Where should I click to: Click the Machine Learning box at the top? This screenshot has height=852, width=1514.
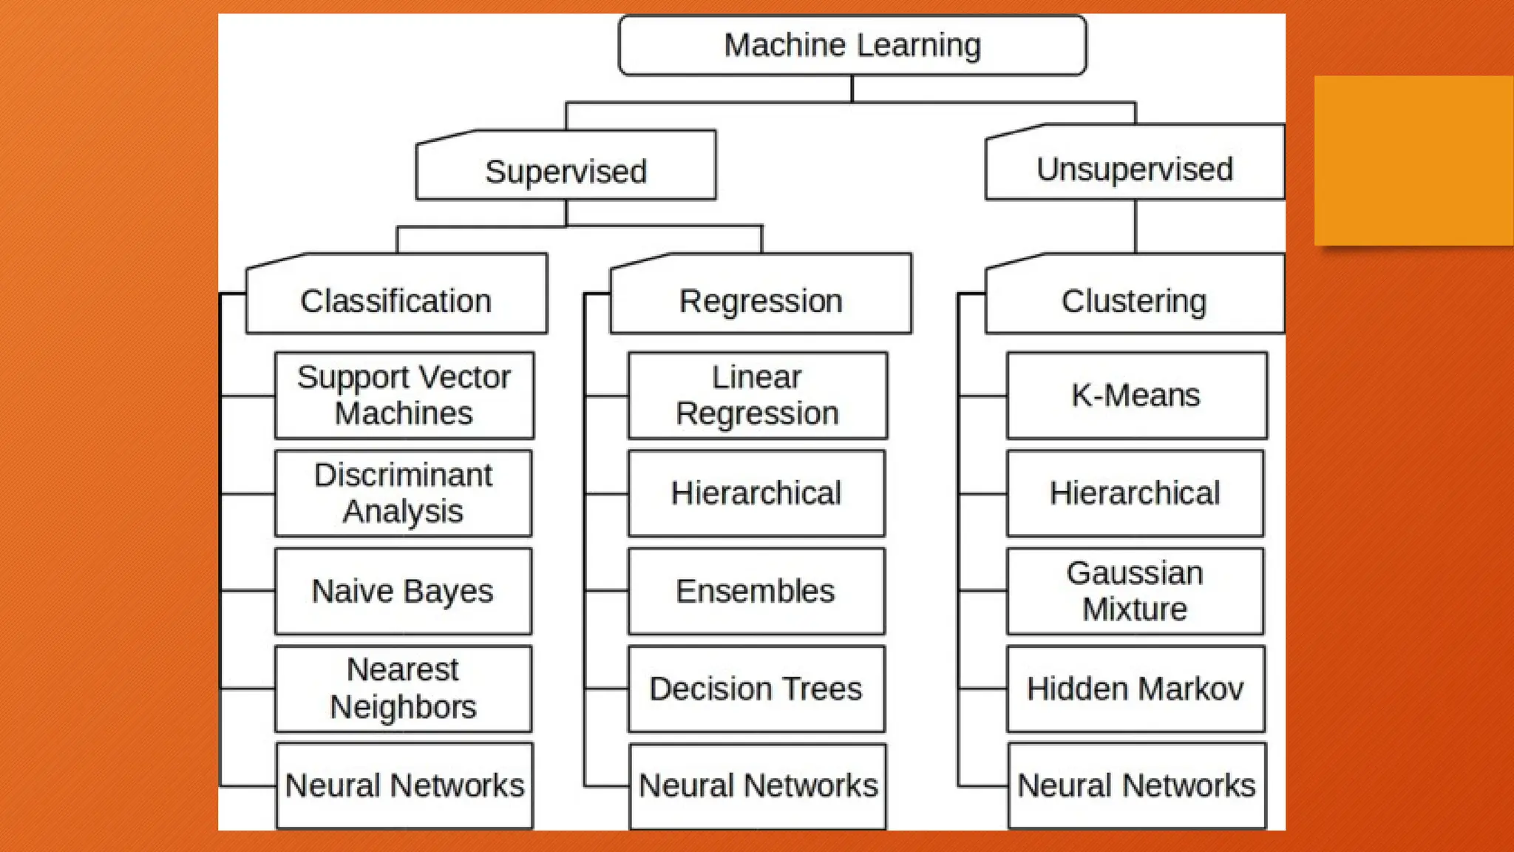[x=852, y=45]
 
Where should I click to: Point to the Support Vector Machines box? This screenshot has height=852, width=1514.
[x=404, y=395]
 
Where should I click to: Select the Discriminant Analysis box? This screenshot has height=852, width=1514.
[x=404, y=493]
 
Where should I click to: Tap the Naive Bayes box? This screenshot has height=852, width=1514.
[x=404, y=591]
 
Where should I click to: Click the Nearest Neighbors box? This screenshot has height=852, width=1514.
[x=404, y=689]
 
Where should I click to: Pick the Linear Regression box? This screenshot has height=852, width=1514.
[x=757, y=395]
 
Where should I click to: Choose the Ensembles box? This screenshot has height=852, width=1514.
[x=756, y=591]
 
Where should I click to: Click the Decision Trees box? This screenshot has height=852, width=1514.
[x=756, y=689]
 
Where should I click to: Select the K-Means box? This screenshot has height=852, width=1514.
[x=1136, y=395]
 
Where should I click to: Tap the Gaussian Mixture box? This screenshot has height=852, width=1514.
[x=1135, y=591]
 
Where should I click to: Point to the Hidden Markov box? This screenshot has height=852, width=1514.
[x=1135, y=689]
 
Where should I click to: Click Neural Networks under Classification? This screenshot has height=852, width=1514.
[x=404, y=785]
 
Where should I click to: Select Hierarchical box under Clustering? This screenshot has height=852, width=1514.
[x=1135, y=493]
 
